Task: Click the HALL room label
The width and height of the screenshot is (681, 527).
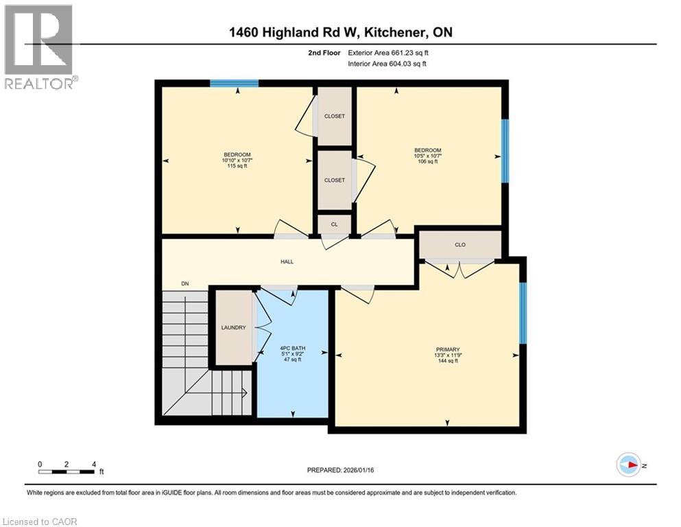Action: coord(287,261)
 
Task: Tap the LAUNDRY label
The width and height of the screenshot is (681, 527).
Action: coord(233,327)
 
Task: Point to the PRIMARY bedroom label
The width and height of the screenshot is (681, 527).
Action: coord(446,349)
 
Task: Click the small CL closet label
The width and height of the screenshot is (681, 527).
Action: coord(334,224)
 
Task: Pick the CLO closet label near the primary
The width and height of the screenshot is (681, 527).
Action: coord(460,244)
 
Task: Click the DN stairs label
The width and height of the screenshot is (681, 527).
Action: coord(184,283)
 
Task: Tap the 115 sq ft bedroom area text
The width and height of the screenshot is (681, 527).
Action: coord(237,166)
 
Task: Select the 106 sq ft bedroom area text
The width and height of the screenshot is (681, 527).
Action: coord(427,162)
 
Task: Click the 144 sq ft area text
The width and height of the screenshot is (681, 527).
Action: coord(446,361)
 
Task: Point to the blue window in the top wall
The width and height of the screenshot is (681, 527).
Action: coord(234,84)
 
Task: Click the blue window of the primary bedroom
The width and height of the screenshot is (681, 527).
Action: coord(523,313)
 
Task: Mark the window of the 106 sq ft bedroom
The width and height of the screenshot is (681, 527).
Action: coord(505,151)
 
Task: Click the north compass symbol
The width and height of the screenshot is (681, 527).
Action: coord(629,465)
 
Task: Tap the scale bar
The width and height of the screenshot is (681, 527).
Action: coord(67,471)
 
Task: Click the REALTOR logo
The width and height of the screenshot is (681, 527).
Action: coord(39,47)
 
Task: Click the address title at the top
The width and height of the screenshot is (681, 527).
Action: coord(340,32)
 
